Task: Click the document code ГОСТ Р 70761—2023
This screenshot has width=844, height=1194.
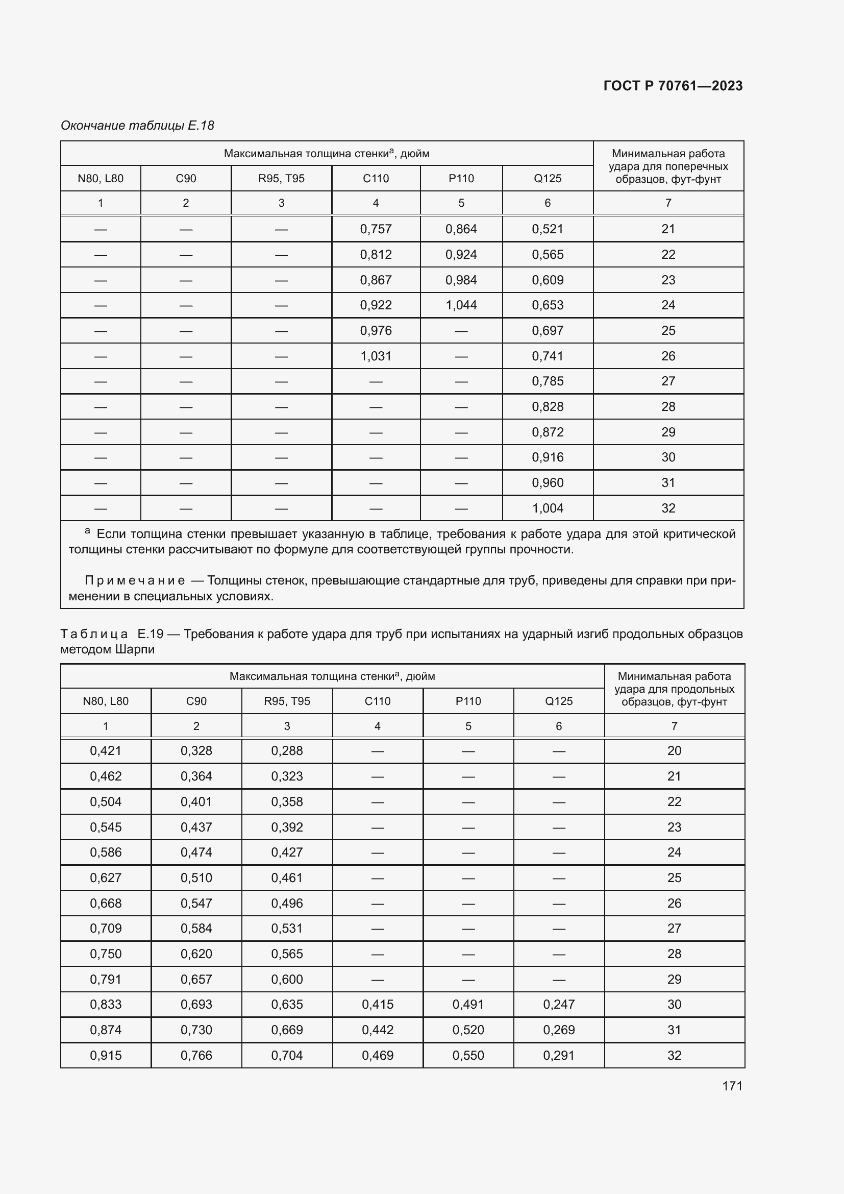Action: pos(673,86)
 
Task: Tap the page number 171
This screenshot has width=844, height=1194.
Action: pos(732,1086)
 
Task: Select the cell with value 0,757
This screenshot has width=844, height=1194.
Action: pos(375,229)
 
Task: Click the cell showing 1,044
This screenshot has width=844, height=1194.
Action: pos(461,305)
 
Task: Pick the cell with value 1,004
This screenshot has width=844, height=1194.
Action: pos(547,508)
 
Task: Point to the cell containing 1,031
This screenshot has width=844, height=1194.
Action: pos(375,356)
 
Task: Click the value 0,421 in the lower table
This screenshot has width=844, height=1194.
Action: pos(106,750)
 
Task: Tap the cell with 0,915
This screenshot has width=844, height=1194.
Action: pos(106,1055)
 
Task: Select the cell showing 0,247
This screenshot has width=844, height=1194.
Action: pos(559,1004)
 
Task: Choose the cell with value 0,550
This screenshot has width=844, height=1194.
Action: pos(468,1055)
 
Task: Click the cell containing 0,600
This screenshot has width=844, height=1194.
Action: pos(287,979)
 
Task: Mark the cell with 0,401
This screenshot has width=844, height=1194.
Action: pos(196,801)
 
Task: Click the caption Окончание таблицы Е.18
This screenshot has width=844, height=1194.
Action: pos(137,126)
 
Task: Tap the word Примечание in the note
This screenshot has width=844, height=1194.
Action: pos(135,580)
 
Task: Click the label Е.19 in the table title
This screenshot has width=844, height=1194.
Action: pos(151,634)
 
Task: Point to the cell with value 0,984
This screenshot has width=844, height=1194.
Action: pos(461,280)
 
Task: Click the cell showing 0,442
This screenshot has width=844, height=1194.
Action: pos(377,1030)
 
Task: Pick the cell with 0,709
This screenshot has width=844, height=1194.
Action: pos(106,928)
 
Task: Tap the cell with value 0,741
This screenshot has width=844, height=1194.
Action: pos(547,356)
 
